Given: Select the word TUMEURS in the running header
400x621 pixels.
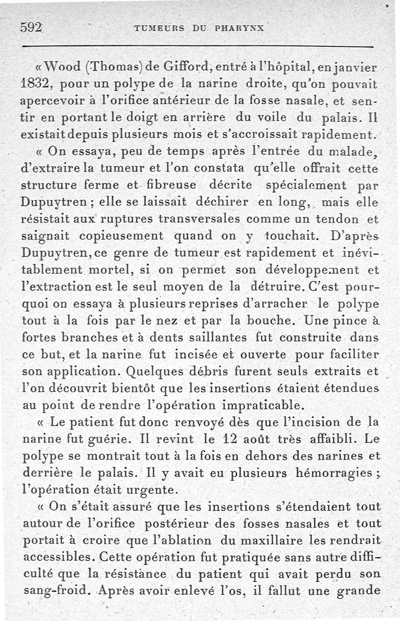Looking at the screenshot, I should click(x=158, y=29).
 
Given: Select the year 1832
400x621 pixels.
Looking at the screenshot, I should click(x=36, y=83).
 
